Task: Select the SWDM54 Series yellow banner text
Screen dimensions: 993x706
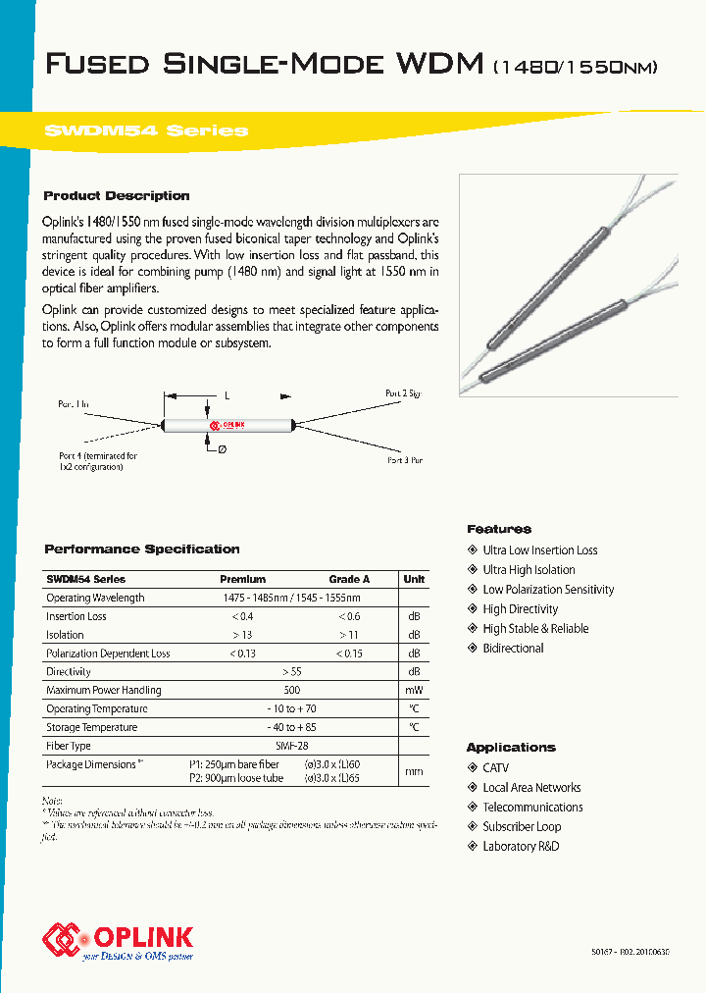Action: pos(146,131)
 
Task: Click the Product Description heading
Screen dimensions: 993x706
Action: pos(117,196)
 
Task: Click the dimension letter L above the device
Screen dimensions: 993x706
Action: pos(227,395)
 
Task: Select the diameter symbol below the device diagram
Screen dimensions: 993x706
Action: pos(222,449)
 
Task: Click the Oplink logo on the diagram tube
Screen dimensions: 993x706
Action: pos(227,425)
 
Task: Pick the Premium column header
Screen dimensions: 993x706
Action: pos(242,579)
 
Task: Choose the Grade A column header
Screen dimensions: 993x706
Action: pos(349,579)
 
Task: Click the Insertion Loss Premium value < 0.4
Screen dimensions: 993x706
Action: pos(242,616)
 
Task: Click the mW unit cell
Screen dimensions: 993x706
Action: pos(414,691)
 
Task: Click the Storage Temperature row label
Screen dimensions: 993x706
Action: pos(91,728)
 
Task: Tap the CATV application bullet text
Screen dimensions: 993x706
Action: pos(496,768)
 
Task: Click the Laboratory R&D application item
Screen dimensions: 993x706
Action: pos(521,847)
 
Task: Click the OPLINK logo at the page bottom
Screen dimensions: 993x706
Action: pos(118,939)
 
